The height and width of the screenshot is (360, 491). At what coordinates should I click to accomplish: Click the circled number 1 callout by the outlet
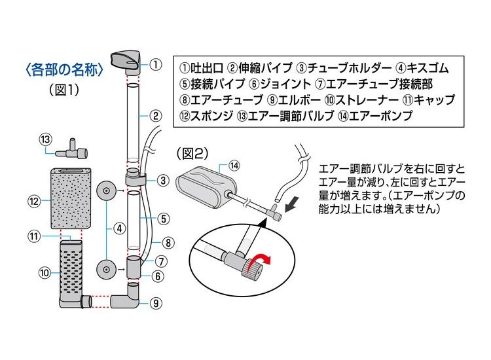(x=155, y=64)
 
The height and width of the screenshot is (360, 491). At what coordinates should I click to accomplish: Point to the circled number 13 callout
(x=45, y=139)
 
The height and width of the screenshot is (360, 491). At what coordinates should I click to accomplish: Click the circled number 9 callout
(x=155, y=302)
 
